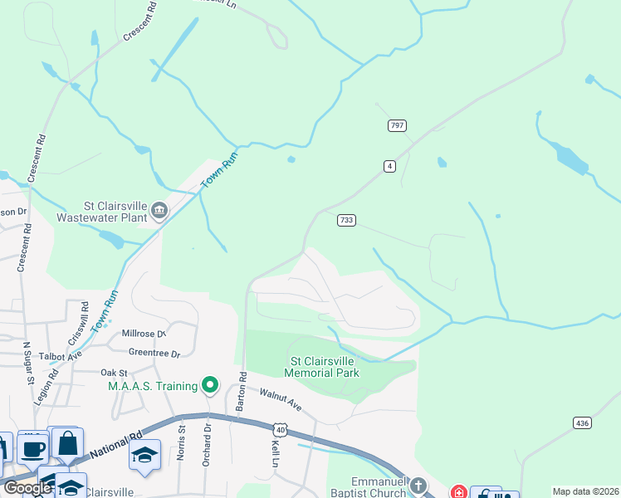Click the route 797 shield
[x=397, y=125]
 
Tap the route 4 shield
[x=389, y=167]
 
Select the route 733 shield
[x=347, y=220]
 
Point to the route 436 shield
[x=582, y=423]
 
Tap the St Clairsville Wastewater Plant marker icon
[x=159, y=212]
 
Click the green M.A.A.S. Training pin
[x=211, y=385]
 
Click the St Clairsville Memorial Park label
[x=321, y=367]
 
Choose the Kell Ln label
[x=274, y=453]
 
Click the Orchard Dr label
[x=208, y=445]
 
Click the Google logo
[x=27, y=488]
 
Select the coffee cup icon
[x=33, y=449]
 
